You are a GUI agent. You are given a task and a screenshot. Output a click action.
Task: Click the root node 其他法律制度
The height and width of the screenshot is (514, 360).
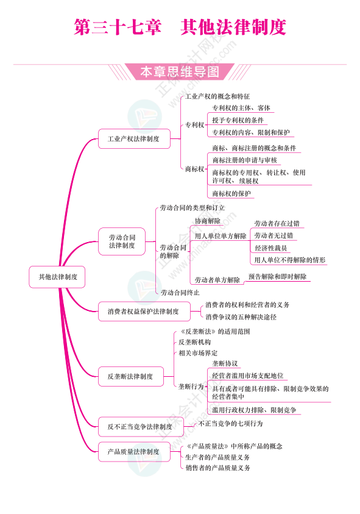tap(57, 277)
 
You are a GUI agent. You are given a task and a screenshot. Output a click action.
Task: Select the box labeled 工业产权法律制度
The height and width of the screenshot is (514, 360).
tap(134, 138)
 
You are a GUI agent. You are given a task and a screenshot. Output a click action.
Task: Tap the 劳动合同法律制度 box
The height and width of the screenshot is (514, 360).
tap(122, 241)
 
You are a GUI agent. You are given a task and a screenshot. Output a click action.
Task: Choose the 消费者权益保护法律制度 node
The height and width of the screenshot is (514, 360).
tap(144, 311)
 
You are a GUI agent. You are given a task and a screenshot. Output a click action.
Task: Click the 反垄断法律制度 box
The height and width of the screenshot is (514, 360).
tap(131, 376)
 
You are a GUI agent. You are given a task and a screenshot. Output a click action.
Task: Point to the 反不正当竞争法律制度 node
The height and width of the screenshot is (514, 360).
tap(141, 426)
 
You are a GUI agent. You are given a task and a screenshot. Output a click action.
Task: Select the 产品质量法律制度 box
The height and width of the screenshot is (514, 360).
tap(134, 452)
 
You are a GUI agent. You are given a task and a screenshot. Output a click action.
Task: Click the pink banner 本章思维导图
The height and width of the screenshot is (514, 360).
tap(180, 72)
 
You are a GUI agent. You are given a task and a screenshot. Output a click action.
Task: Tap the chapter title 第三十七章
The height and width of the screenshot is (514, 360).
tap(118, 27)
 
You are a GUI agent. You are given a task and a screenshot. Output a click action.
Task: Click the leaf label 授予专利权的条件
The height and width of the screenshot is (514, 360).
tap(238, 120)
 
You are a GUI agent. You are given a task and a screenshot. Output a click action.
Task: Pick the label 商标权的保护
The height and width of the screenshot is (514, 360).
tap(231, 194)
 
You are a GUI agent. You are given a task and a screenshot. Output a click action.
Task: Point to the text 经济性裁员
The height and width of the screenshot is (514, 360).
tap(271, 248)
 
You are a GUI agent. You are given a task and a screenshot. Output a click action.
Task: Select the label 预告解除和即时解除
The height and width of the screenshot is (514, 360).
tap(277, 277)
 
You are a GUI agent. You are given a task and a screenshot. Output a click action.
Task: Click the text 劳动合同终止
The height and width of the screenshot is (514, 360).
tap(180, 293)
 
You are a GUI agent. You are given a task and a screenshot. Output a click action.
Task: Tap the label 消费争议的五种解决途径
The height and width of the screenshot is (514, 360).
tap(241, 317)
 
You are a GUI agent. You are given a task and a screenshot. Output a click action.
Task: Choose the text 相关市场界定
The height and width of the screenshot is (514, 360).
tap(198, 353)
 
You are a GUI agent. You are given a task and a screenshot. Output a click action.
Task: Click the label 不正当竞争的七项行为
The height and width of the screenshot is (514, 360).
tap(231, 424)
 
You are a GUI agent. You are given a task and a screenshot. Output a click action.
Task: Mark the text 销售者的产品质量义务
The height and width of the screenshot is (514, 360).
tap(218, 468)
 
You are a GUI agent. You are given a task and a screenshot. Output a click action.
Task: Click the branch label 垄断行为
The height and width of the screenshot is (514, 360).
tap(191, 387)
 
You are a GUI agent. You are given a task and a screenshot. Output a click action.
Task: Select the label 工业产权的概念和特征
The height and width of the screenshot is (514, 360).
tap(217, 96)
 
